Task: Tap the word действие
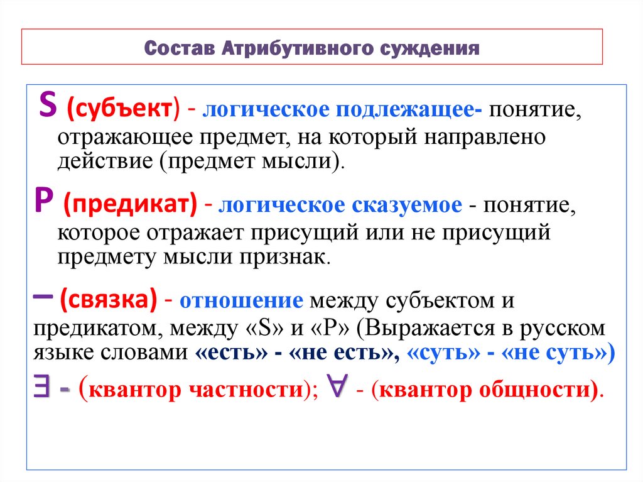tap(101, 162)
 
